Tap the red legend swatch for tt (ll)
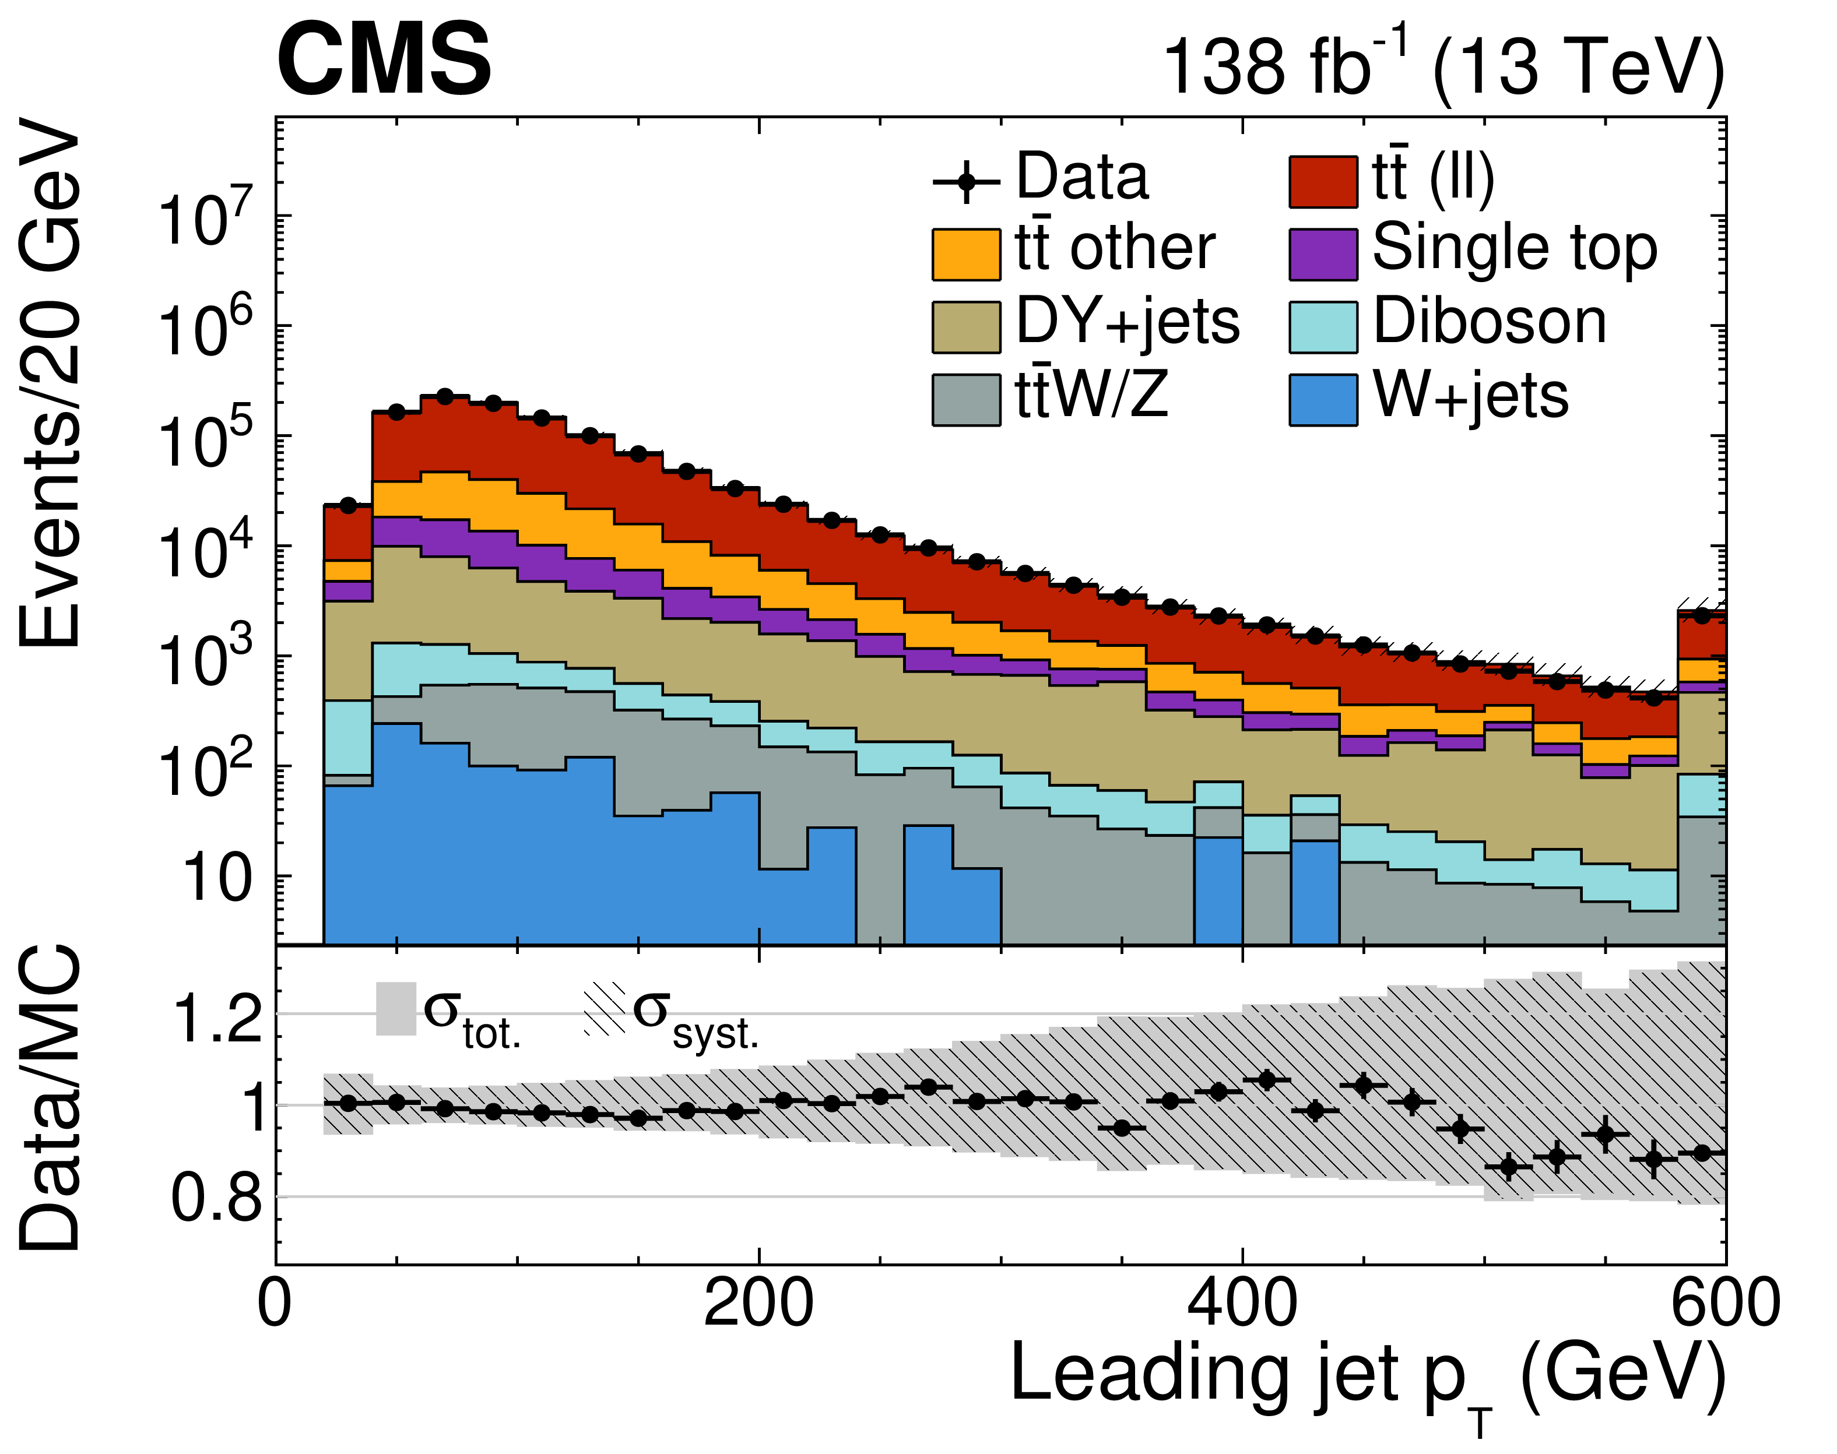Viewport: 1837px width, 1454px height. click(x=1323, y=181)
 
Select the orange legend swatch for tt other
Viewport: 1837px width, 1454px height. click(x=966, y=254)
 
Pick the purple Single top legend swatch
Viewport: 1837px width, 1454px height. click(x=1323, y=254)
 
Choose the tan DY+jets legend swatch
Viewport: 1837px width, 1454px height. click(x=966, y=327)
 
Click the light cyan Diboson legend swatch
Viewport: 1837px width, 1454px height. click(x=1323, y=327)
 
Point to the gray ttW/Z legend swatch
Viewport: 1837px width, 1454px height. click(x=966, y=399)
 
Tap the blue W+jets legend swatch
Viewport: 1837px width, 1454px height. click(x=1323, y=399)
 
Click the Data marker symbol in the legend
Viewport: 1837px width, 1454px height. click(x=966, y=181)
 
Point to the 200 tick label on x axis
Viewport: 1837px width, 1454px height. click(x=758, y=1303)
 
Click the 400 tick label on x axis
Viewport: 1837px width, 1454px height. click(x=1242, y=1303)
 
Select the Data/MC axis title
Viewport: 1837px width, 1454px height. click(x=51, y=1098)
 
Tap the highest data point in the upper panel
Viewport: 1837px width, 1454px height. click(x=445, y=396)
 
